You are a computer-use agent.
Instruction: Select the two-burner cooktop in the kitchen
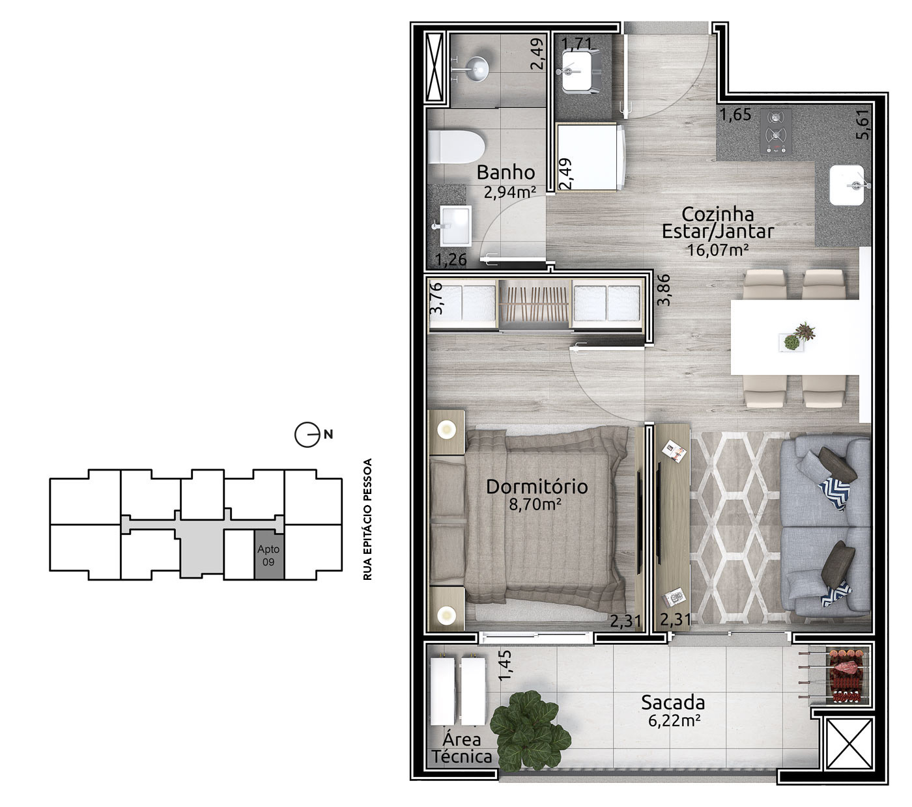tap(776, 131)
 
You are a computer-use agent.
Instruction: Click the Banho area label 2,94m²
tap(509, 192)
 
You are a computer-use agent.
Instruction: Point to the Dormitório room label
tap(537, 487)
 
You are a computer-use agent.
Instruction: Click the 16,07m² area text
tap(717, 250)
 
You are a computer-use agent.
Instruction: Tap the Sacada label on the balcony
tap(673, 702)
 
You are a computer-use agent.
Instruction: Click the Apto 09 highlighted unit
tap(269, 554)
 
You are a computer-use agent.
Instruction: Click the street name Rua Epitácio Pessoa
tap(368, 519)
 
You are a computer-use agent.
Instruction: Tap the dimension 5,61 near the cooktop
tap(863, 124)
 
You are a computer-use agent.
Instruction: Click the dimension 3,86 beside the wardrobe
tap(663, 290)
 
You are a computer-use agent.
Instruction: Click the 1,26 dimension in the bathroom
tap(451, 260)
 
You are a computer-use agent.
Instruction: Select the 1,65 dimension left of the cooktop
tap(735, 115)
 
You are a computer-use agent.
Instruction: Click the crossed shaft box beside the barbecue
tap(849, 744)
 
